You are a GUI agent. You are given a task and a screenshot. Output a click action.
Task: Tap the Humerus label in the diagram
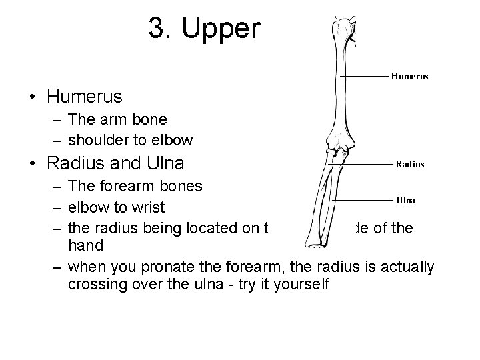[x=409, y=76]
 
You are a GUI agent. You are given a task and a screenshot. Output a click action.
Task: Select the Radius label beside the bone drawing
[x=410, y=163]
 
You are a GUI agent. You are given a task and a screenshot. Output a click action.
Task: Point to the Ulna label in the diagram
[x=406, y=199]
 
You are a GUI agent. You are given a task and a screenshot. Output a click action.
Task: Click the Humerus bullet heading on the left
[x=85, y=97]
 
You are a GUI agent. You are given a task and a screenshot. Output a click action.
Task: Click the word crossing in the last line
[x=99, y=285]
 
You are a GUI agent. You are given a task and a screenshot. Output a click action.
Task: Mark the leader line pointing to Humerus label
[x=363, y=77]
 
